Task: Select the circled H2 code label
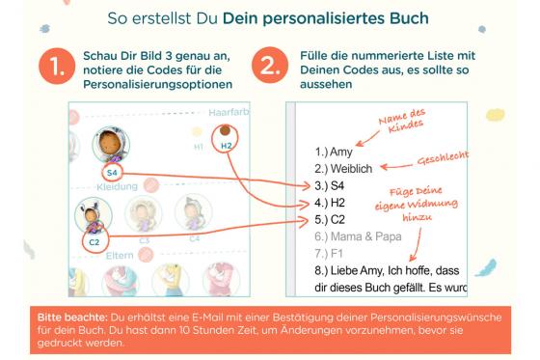point(227,145)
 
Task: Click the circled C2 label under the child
point(94,241)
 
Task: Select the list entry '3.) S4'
point(323,186)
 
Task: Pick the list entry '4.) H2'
point(323,204)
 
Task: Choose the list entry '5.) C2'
point(323,221)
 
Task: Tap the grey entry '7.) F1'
point(321,255)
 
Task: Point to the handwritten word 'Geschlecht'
point(445,163)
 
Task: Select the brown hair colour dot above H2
point(225,129)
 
